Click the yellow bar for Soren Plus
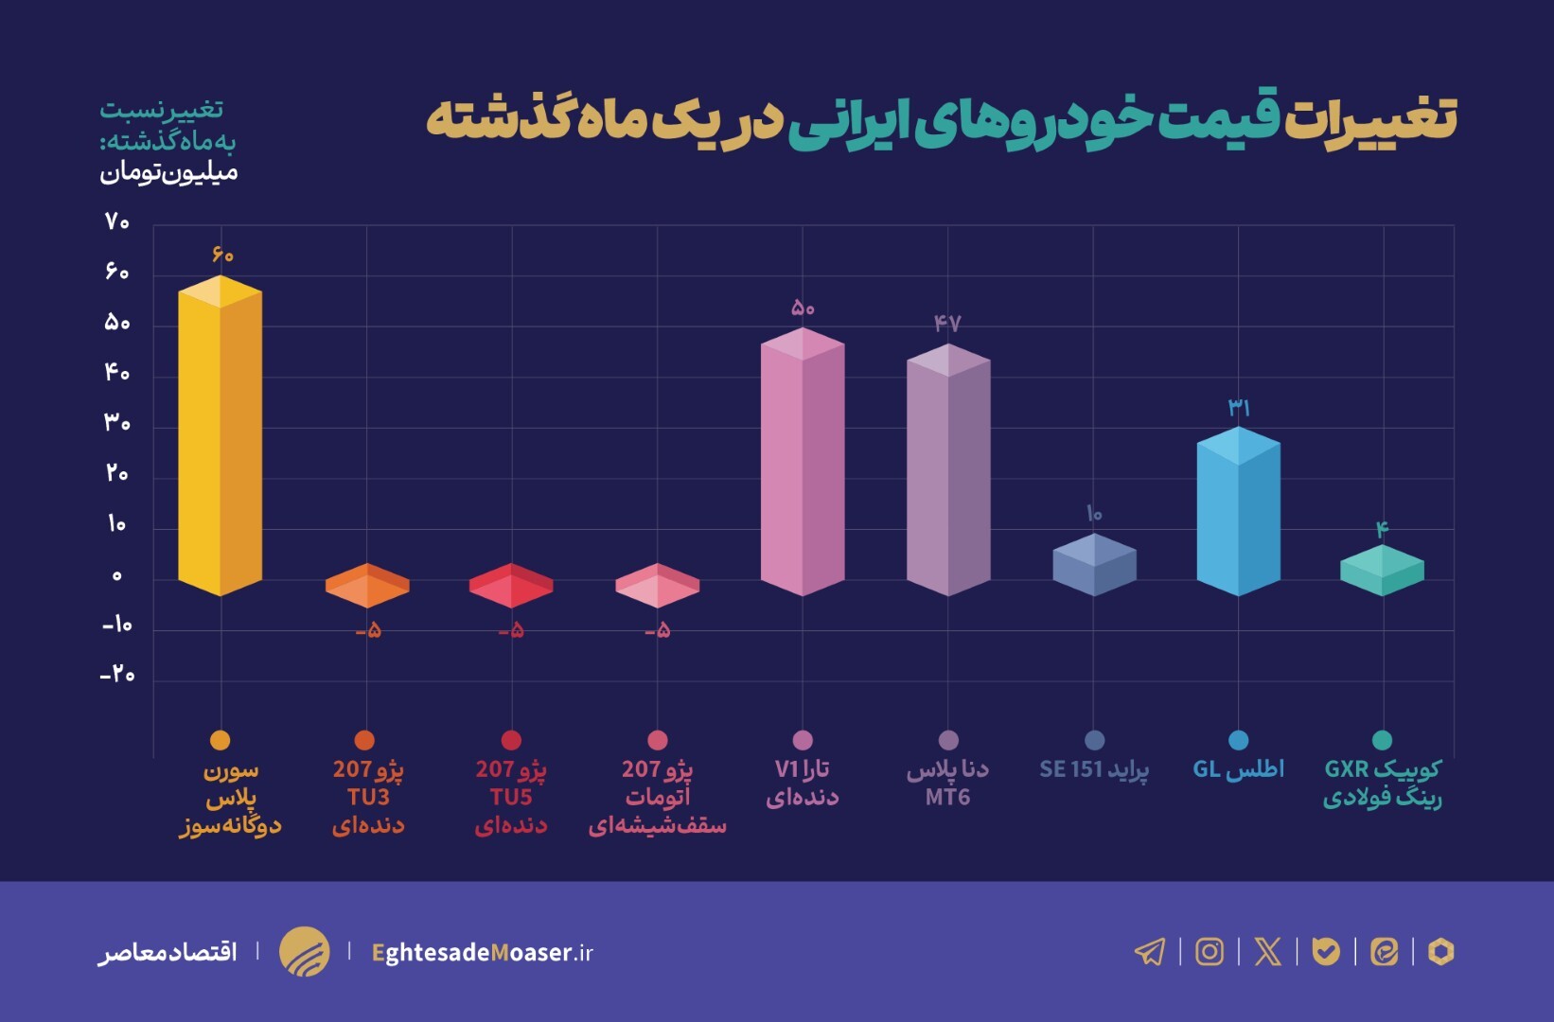[220, 435]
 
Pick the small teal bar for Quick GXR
[1382, 571]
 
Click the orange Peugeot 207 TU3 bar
[367, 586]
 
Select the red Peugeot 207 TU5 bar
[511, 586]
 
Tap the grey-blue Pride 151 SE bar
[1094, 565]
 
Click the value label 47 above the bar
[947, 324]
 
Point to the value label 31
[1239, 408]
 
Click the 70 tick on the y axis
[117, 222]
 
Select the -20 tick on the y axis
[117, 675]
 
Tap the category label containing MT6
[948, 784]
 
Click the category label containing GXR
[1382, 784]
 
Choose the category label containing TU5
[511, 797]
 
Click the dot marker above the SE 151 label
[1094, 740]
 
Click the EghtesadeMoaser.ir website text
[483, 952]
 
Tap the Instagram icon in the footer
[1210, 951]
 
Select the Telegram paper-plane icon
[1151, 951]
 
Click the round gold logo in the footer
[305, 951]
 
